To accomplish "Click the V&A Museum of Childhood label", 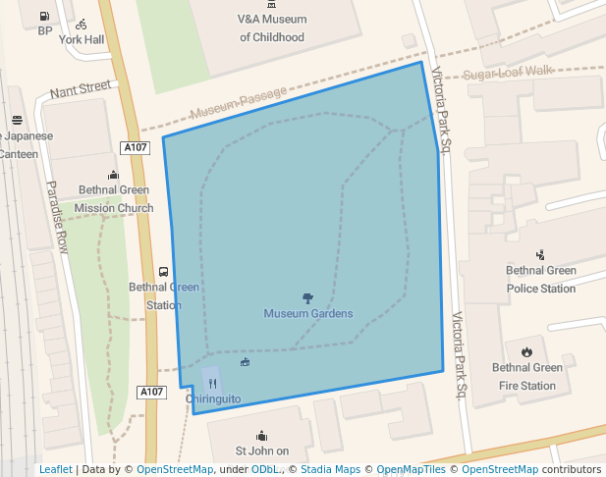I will pyautogui.click(x=272, y=28).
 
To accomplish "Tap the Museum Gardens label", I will pyautogui.click(x=307, y=314).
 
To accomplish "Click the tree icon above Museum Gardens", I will pyautogui.click(x=307, y=297).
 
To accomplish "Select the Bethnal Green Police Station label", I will pyautogui.click(x=540, y=280).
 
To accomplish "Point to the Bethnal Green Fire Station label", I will pyautogui.click(x=526, y=377).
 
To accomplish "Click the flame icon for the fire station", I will pyautogui.click(x=526, y=351).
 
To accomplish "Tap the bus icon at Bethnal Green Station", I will pyautogui.click(x=163, y=272).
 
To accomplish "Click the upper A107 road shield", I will pyautogui.click(x=136, y=147).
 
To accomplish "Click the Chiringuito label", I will pyautogui.click(x=213, y=398).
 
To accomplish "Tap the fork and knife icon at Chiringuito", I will pyautogui.click(x=212, y=384).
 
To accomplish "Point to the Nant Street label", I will pyautogui.click(x=82, y=88).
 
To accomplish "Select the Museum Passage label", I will pyautogui.click(x=239, y=102).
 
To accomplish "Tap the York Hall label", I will pyautogui.click(x=81, y=40).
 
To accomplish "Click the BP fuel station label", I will pyautogui.click(x=45, y=30).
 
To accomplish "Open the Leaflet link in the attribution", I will pyautogui.click(x=55, y=469).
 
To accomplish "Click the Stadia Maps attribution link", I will pyautogui.click(x=330, y=469).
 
